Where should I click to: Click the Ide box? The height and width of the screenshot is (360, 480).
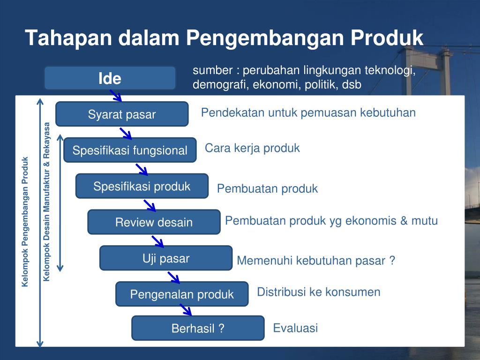coord(110,78)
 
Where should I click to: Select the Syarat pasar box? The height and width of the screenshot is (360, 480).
coord(122,114)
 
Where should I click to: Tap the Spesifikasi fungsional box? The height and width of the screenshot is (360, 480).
coord(130,150)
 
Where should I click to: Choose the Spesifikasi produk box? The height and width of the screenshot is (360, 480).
coord(142,186)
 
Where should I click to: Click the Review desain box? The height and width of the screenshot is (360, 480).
coord(154,222)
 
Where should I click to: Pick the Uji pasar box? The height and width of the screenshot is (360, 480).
coord(166,258)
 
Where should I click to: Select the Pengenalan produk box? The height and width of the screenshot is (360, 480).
coord(182,294)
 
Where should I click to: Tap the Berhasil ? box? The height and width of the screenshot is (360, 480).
coord(198,328)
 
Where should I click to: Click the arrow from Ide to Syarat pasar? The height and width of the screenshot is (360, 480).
coord(116,96)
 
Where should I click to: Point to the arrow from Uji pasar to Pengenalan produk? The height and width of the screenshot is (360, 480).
coord(173,277)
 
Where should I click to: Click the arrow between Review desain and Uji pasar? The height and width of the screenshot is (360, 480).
coord(157,241)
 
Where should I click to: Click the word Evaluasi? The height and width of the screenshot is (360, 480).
coord(295,328)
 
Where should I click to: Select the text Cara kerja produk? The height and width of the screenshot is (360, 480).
coord(252,148)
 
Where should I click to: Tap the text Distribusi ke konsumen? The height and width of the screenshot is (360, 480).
coord(319,292)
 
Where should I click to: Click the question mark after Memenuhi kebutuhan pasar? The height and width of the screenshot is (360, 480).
coord(392,260)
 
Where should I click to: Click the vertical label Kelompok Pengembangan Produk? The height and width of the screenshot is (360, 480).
coord(25,222)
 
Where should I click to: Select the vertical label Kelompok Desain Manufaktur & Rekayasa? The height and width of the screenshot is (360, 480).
coord(46,202)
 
